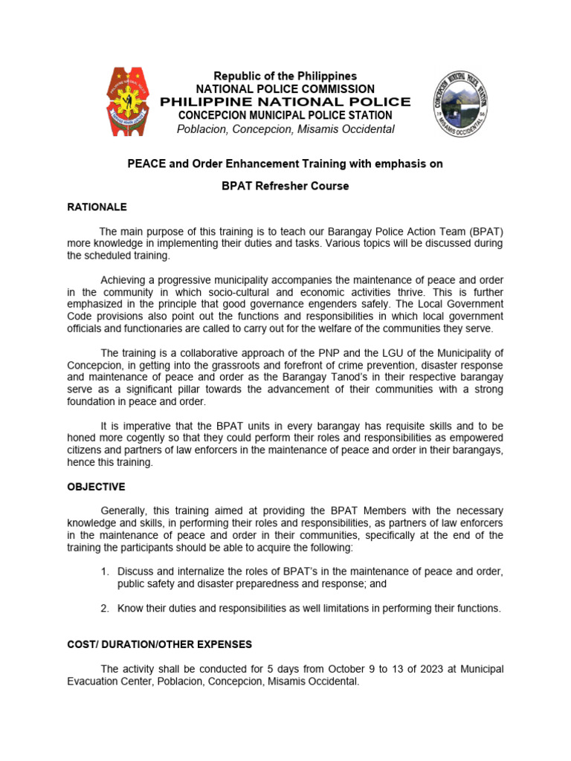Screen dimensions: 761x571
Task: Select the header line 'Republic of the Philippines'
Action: pos(285,77)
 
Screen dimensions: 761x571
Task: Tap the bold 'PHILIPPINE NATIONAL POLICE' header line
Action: pos(285,102)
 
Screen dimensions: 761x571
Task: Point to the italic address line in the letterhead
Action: pos(285,129)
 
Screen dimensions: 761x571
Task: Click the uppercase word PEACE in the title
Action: pos(143,164)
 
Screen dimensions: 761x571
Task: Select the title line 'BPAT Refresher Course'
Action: pos(285,186)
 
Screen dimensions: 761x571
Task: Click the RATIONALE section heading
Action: pos(97,207)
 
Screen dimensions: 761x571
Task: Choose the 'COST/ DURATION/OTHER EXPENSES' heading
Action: pos(159,644)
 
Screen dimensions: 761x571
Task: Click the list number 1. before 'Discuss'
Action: pos(105,571)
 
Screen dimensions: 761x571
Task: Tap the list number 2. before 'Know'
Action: pos(105,609)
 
